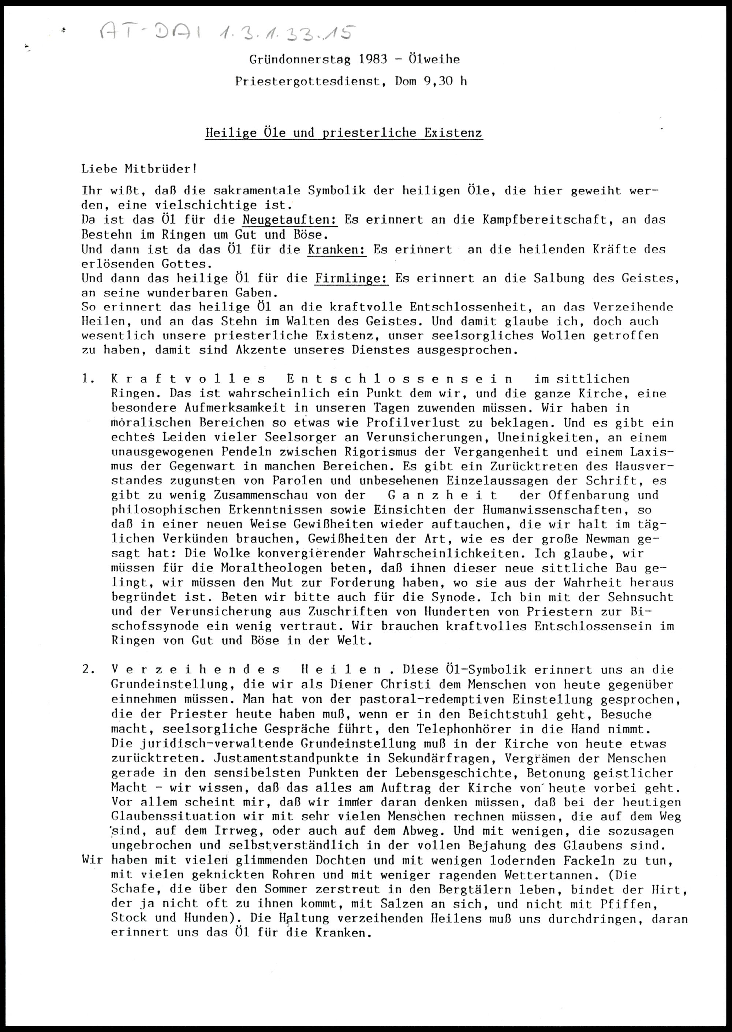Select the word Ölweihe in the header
tap(434, 59)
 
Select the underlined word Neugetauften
tap(290, 220)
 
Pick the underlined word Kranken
tap(337, 249)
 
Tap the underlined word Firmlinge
tap(352, 279)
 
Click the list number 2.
tap(88, 670)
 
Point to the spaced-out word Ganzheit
tap(442, 495)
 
